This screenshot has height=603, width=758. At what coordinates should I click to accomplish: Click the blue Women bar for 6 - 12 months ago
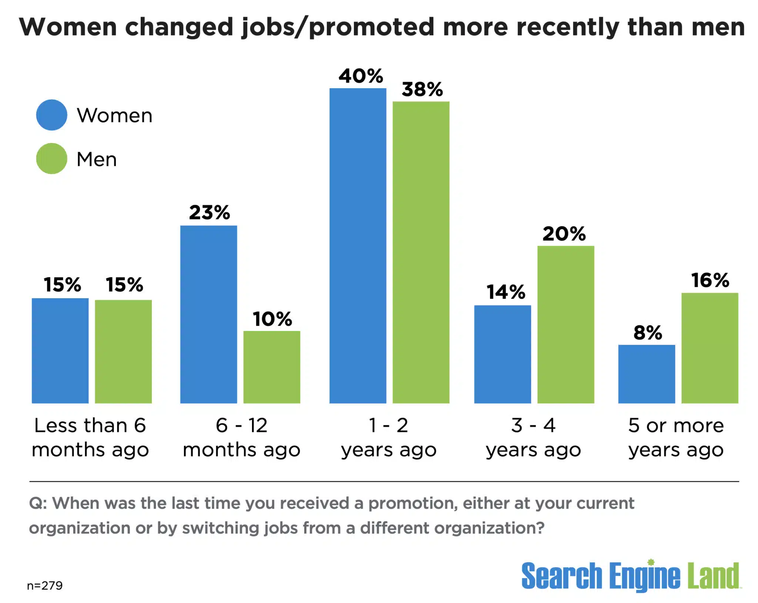coord(208,314)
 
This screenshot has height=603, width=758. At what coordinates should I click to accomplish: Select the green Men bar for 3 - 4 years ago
coord(566,325)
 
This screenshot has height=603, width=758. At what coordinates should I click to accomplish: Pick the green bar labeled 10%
coord(272,367)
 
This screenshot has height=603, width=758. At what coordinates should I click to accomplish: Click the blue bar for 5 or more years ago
coord(646,374)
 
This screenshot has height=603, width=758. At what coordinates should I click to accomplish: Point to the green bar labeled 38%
coord(421,252)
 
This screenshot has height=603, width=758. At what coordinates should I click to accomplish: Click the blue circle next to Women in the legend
coord(51,115)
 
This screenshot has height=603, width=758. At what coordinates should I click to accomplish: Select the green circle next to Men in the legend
coord(51,159)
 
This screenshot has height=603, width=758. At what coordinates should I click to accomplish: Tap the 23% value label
coord(209,213)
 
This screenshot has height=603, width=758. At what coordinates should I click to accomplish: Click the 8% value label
coord(648,332)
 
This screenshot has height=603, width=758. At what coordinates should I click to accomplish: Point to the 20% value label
coord(564,234)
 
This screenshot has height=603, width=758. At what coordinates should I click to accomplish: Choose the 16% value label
coord(710,280)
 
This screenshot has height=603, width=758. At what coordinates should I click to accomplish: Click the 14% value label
coord(506,292)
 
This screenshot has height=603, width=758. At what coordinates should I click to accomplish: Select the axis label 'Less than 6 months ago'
coord(90,438)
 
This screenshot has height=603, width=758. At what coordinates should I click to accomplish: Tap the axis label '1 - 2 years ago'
coord(389,438)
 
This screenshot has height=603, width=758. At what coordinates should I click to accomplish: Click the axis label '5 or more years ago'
coord(676,438)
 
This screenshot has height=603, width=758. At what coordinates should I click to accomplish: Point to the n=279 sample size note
coord(45,586)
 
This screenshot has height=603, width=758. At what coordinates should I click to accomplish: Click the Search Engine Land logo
coord(630,576)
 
